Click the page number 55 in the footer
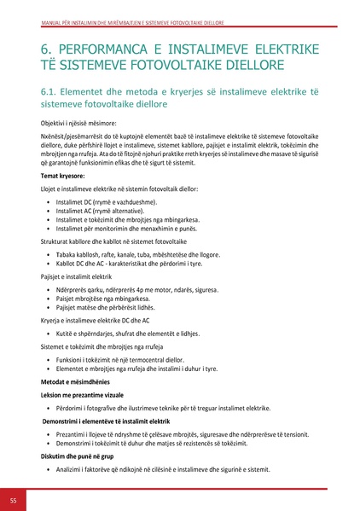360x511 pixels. pyautogui.click(x=14, y=499)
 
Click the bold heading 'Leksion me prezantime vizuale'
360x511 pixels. pyautogui.click(x=85, y=396)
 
